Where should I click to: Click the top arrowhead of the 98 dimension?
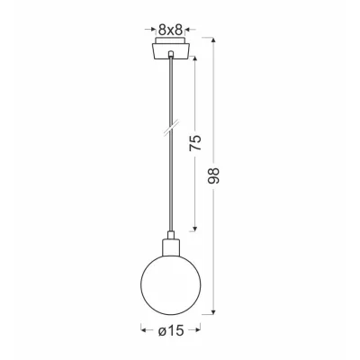(212, 40)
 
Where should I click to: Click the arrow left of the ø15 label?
(144, 331)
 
